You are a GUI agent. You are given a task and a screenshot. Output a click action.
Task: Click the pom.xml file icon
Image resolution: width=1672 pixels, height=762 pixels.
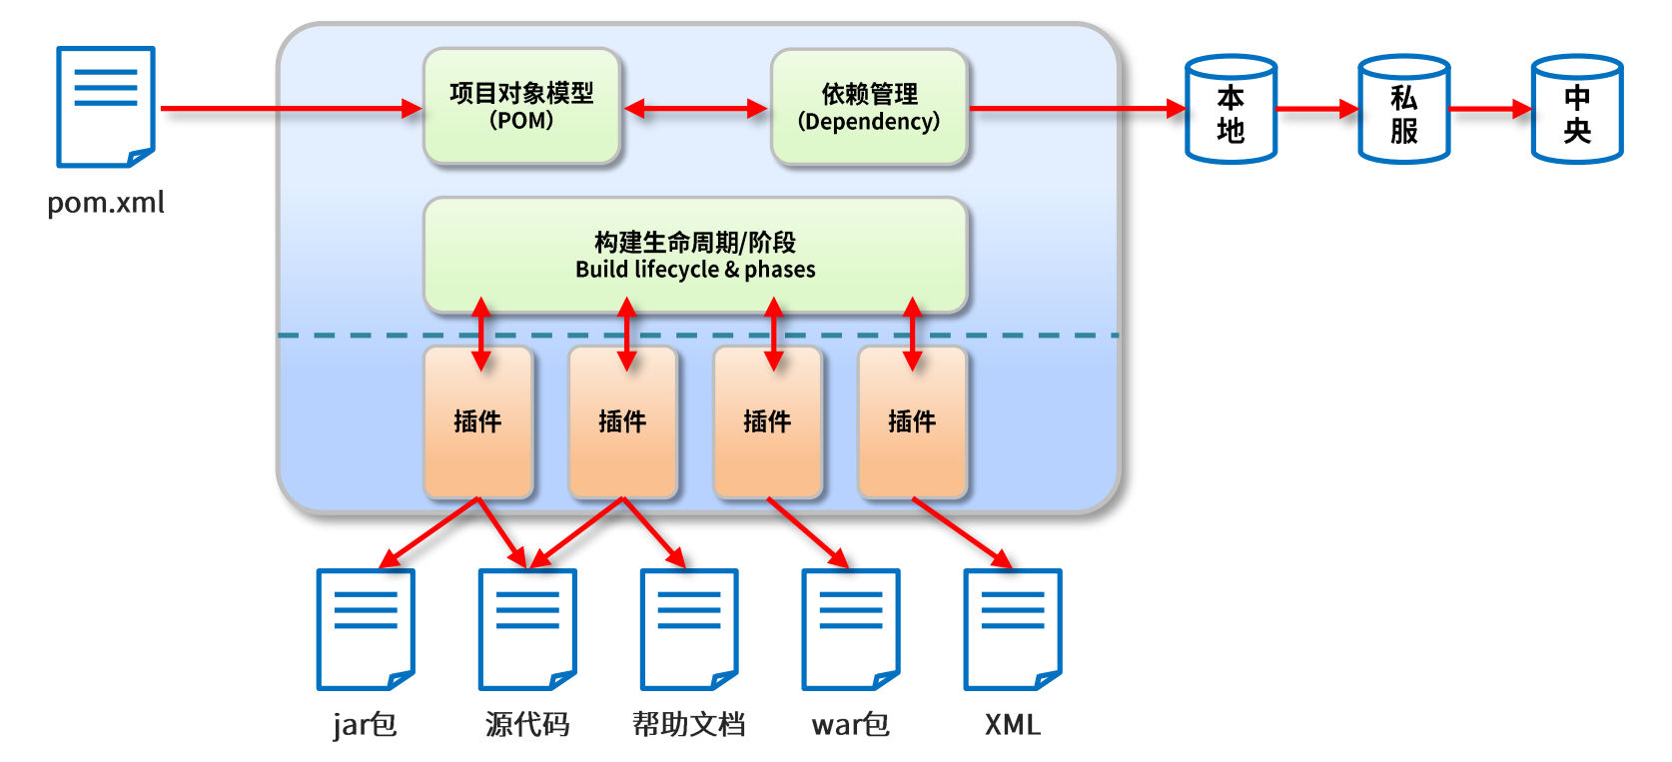(105, 107)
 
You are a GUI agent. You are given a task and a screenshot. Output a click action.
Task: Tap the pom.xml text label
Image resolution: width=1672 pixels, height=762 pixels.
(106, 203)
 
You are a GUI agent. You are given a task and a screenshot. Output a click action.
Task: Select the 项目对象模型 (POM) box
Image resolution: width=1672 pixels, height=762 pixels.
(521, 106)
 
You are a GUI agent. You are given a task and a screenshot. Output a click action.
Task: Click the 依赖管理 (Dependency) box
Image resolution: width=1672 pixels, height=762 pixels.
(869, 107)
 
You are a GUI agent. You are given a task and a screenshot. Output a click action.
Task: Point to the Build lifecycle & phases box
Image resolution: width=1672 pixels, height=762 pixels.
(695, 255)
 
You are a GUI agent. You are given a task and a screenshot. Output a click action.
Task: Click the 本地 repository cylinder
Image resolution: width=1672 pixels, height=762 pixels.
(1231, 108)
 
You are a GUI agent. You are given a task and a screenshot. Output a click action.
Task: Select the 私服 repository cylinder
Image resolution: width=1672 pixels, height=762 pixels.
(1404, 108)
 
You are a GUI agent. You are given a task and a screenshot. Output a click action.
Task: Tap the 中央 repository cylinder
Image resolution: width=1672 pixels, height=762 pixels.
(1577, 108)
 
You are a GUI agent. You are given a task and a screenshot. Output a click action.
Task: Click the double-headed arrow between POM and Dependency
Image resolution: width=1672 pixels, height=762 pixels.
(695, 109)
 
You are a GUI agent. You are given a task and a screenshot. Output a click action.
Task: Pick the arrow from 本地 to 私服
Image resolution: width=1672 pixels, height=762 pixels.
(1317, 109)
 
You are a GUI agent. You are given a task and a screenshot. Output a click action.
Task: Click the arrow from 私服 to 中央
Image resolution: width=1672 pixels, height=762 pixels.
(1490, 109)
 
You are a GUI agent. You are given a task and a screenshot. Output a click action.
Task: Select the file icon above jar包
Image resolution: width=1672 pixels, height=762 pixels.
(365, 629)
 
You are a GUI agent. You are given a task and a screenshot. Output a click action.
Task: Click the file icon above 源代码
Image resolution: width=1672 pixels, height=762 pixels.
(527, 629)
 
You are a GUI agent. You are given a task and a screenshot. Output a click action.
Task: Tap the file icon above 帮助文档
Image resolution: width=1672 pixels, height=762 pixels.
(689, 629)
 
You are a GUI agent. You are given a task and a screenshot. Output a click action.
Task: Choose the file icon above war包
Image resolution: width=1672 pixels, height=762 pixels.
(850, 629)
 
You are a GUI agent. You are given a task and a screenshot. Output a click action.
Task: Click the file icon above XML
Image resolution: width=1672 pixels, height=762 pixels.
(1012, 629)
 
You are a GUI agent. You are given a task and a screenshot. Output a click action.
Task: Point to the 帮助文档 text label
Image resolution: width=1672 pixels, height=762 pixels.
(689, 724)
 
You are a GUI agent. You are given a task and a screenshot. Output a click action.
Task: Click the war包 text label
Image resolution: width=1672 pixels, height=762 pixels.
(850, 725)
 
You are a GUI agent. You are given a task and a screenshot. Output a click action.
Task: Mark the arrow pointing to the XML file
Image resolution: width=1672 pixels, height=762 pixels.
(962, 533)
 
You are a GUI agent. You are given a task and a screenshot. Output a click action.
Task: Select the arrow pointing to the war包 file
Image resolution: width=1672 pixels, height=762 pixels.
(808, 533)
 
